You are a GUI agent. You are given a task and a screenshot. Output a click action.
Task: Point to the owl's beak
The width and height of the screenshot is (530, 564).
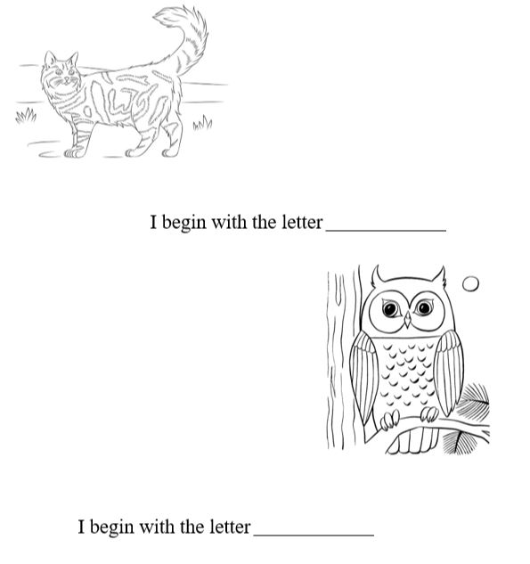click(407, 319)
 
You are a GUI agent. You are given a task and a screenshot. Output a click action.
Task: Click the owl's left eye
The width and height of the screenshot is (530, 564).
click(390, 308)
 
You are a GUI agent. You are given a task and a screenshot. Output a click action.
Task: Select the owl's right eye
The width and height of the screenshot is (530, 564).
click(424, 307)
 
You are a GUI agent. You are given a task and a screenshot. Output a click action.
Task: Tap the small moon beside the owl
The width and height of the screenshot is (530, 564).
click(470, 284)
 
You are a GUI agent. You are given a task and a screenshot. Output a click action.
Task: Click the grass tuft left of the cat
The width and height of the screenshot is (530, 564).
click(26, 116)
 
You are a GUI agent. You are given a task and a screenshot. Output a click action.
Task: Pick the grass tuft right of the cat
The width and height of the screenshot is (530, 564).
click(202, 123)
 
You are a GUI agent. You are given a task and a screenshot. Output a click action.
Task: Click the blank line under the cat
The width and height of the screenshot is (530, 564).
click(386, 230)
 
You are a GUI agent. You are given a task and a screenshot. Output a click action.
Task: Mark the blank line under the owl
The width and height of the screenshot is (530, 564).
click(314, 535)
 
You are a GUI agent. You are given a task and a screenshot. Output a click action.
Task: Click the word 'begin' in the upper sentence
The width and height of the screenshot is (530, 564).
click(183, 223)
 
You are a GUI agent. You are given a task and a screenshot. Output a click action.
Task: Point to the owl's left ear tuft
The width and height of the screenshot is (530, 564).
click(377, 276)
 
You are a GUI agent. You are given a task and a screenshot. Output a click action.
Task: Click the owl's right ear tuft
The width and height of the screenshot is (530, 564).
click(439, 276)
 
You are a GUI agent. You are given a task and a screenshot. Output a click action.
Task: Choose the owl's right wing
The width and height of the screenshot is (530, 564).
click(448, 373)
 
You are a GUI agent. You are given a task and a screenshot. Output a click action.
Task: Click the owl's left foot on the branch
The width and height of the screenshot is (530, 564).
click(390, 421)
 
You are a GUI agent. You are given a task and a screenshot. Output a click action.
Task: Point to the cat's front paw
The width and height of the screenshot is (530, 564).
click(74, 153)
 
